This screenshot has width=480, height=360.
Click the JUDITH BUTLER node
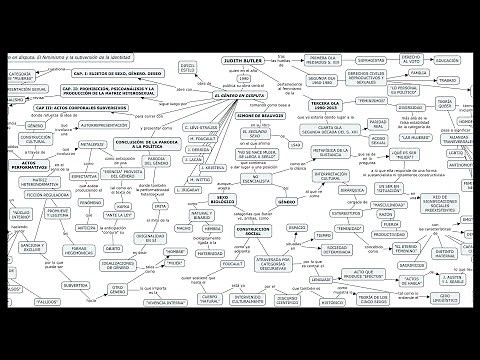click(x=246, y=60)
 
